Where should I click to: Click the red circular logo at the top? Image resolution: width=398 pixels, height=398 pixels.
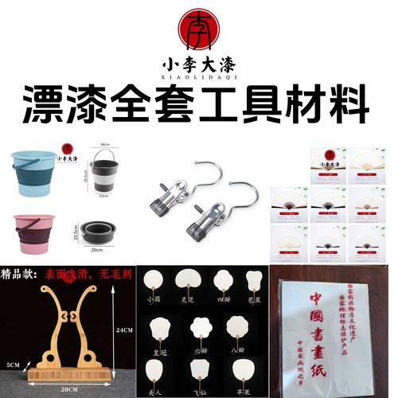pos(198,30)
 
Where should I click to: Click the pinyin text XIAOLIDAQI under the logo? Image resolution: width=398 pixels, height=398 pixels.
pos(198,78)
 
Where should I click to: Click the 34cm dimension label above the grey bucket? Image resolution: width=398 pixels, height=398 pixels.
pos(105,146)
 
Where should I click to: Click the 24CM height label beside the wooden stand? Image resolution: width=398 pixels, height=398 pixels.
pos(124,327)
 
